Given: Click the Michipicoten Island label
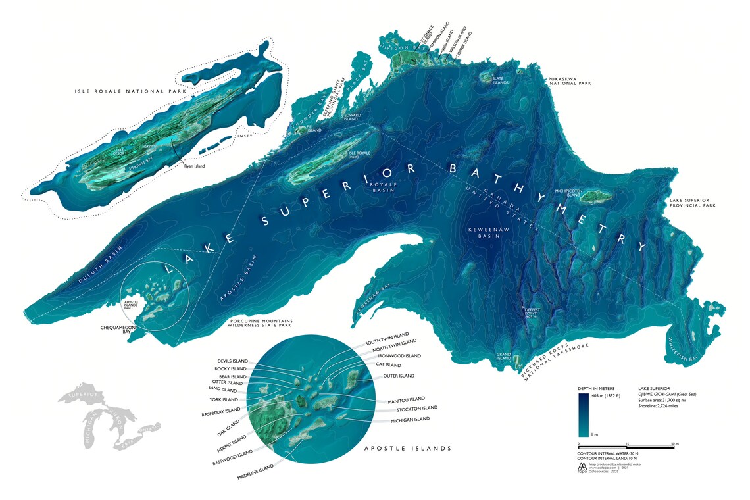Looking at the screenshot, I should [x=569, y=193].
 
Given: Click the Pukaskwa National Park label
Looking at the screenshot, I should [x=570, y=81].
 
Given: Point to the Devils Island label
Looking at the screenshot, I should [x=232, y=361].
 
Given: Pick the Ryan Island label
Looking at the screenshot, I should [x=194, y=166].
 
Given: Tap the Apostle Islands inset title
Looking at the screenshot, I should [x=407, y=448].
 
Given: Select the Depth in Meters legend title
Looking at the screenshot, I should [x=596, y=388].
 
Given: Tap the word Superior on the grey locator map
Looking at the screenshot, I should [x=83, y=396].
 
